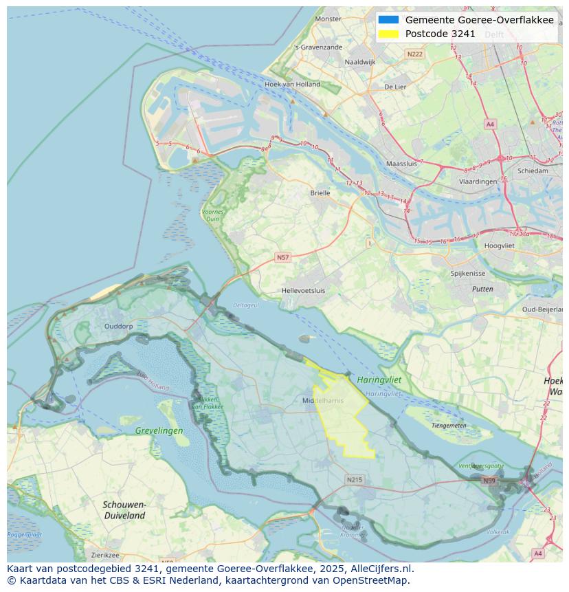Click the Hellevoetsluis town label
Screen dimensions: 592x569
point(303,291)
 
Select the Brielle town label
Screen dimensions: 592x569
point(320,193)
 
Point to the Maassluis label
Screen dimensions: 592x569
point(402,164)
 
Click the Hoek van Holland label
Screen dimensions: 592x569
point(292,85)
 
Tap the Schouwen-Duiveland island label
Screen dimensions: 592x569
point(124,509)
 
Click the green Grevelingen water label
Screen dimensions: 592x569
point(159,431)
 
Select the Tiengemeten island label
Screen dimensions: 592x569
point(449,426)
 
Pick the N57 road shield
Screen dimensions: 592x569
point(282,257)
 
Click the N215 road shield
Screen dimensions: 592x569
point(354,480)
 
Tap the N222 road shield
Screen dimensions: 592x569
point(414,54)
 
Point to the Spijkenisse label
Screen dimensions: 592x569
point(468,273)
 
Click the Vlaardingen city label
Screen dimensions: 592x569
point(478,182)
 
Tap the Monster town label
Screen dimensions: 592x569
point(328,19)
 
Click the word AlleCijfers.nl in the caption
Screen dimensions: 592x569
point(379,569)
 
